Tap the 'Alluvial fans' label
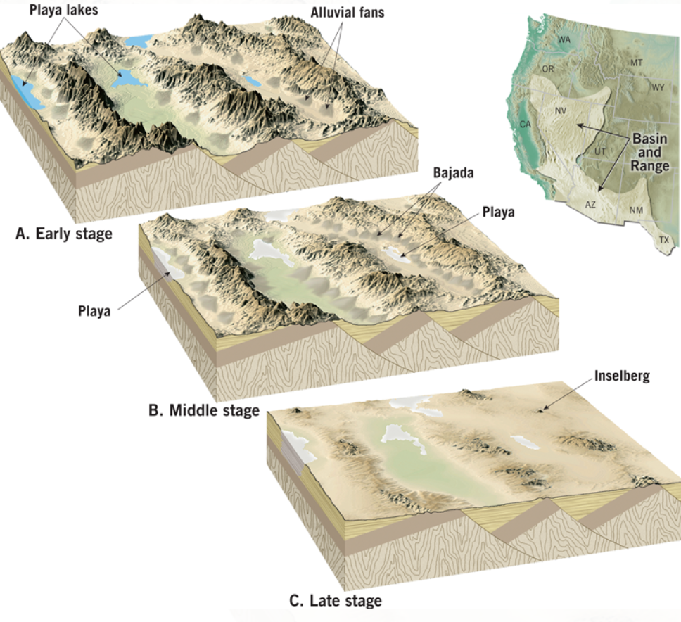[348, 13]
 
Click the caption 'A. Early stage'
[64, 234]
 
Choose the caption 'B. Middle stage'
[204, 410]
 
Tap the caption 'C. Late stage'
[336, 600]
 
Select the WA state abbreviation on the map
[564, 39]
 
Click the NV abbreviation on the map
[561, 110]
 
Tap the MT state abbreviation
[636, 63]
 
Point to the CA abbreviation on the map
[525, 124]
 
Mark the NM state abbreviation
[635, 210]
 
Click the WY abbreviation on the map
[658, 88]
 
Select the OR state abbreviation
[548, 69]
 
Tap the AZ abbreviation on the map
[590, 204]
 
